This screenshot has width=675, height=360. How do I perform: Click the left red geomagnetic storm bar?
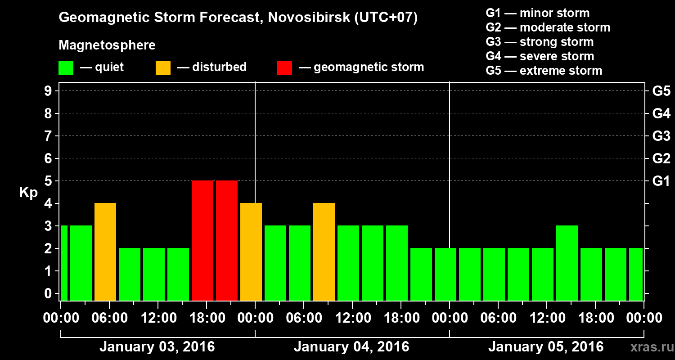click(x=202, y=240)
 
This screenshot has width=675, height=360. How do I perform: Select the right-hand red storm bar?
click(x=227, y=240)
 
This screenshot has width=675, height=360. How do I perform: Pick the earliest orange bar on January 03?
click(x=105, y=252)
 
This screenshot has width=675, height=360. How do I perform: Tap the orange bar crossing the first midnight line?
click(x=251, y=252)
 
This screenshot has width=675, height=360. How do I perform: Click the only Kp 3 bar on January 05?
click(x=567, y=263)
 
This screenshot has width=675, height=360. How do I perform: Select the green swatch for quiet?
click(x=66, y=68)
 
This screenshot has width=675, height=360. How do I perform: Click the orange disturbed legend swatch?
click(x=163, y=68)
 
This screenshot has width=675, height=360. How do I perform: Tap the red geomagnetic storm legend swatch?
click(x=284, y=68)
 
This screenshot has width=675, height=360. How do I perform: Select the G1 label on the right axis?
click(x=661, y=181)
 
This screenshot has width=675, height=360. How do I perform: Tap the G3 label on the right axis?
click(x=661, y=136)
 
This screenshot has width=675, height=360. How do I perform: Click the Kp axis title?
click(x=28, y=193)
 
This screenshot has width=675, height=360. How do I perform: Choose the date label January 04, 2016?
click(x=351, y=347)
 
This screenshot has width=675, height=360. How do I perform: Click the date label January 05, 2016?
click(x=546, y=347)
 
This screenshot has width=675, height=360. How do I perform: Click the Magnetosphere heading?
click(x=107, y=45)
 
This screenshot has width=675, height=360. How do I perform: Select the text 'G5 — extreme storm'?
click(x=544, y=71)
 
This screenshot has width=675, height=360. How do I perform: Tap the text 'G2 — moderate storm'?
click(x=548, y=27)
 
